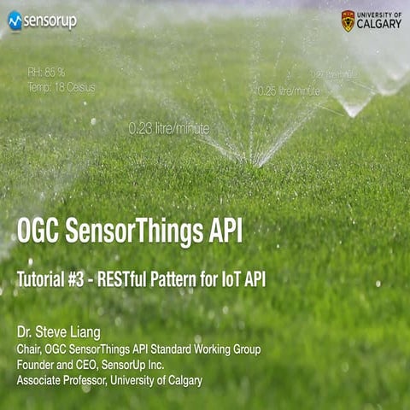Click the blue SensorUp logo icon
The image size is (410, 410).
(15, 20)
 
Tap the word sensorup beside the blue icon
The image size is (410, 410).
(50, 20)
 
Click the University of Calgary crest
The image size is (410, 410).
(348, 20)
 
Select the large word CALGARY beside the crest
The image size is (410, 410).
(378, 24)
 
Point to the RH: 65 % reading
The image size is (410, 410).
(46, 72)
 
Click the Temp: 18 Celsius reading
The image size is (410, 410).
(61, 86)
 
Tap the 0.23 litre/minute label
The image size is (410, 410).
(168, 128)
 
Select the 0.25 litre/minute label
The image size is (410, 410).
(289, 91)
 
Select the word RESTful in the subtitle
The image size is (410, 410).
(133, 279)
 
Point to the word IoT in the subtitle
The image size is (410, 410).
(230, 279)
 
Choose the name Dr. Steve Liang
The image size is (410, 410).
(59, 331)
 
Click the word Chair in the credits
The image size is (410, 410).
(30, 349)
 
